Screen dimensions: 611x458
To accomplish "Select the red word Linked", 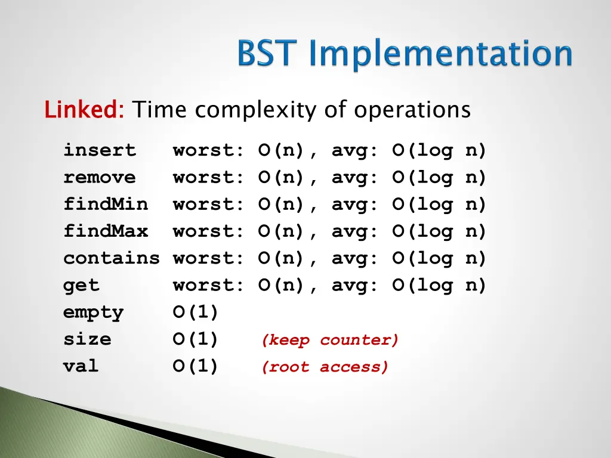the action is (x=84, y=109).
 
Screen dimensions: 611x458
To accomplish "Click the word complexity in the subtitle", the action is (x=255, y=110).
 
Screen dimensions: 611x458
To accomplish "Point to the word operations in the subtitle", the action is (x=412, y=110).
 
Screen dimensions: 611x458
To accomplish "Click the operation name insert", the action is (x=100, y=150).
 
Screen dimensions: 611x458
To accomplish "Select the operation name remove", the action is (x=100, y=178).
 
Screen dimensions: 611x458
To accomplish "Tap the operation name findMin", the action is (x=106, y=204).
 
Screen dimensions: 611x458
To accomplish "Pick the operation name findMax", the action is (x=106, y=231).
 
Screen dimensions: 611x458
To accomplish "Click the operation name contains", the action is (x=112, y=258).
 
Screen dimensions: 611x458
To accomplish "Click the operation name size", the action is (x=87, y=339).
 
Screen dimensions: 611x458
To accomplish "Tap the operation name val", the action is (x=81, y=366).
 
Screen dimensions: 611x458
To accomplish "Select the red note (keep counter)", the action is (x=330, y=340).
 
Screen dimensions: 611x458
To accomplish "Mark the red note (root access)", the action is (x=325, y=367).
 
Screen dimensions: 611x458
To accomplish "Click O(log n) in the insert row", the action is (x=439, y=151).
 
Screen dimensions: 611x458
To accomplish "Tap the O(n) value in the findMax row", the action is (x=281, y=231).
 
